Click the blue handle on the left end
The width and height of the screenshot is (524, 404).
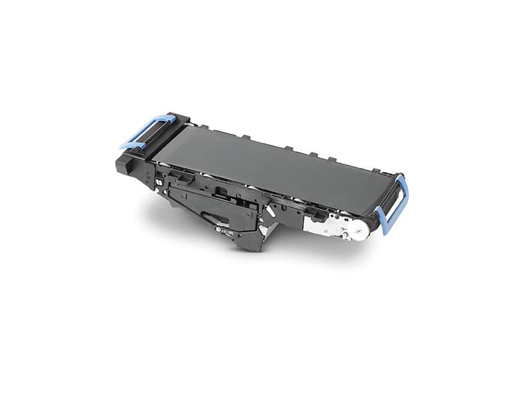click(x=146, y=131)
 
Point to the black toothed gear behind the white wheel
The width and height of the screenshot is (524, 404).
click(x=373, y=222)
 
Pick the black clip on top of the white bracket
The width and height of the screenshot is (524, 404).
click(x=317, y=215)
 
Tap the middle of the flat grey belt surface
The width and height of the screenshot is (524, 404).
click(x=269, y=162)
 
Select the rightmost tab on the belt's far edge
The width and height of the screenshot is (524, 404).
click(x=376, y=170)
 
